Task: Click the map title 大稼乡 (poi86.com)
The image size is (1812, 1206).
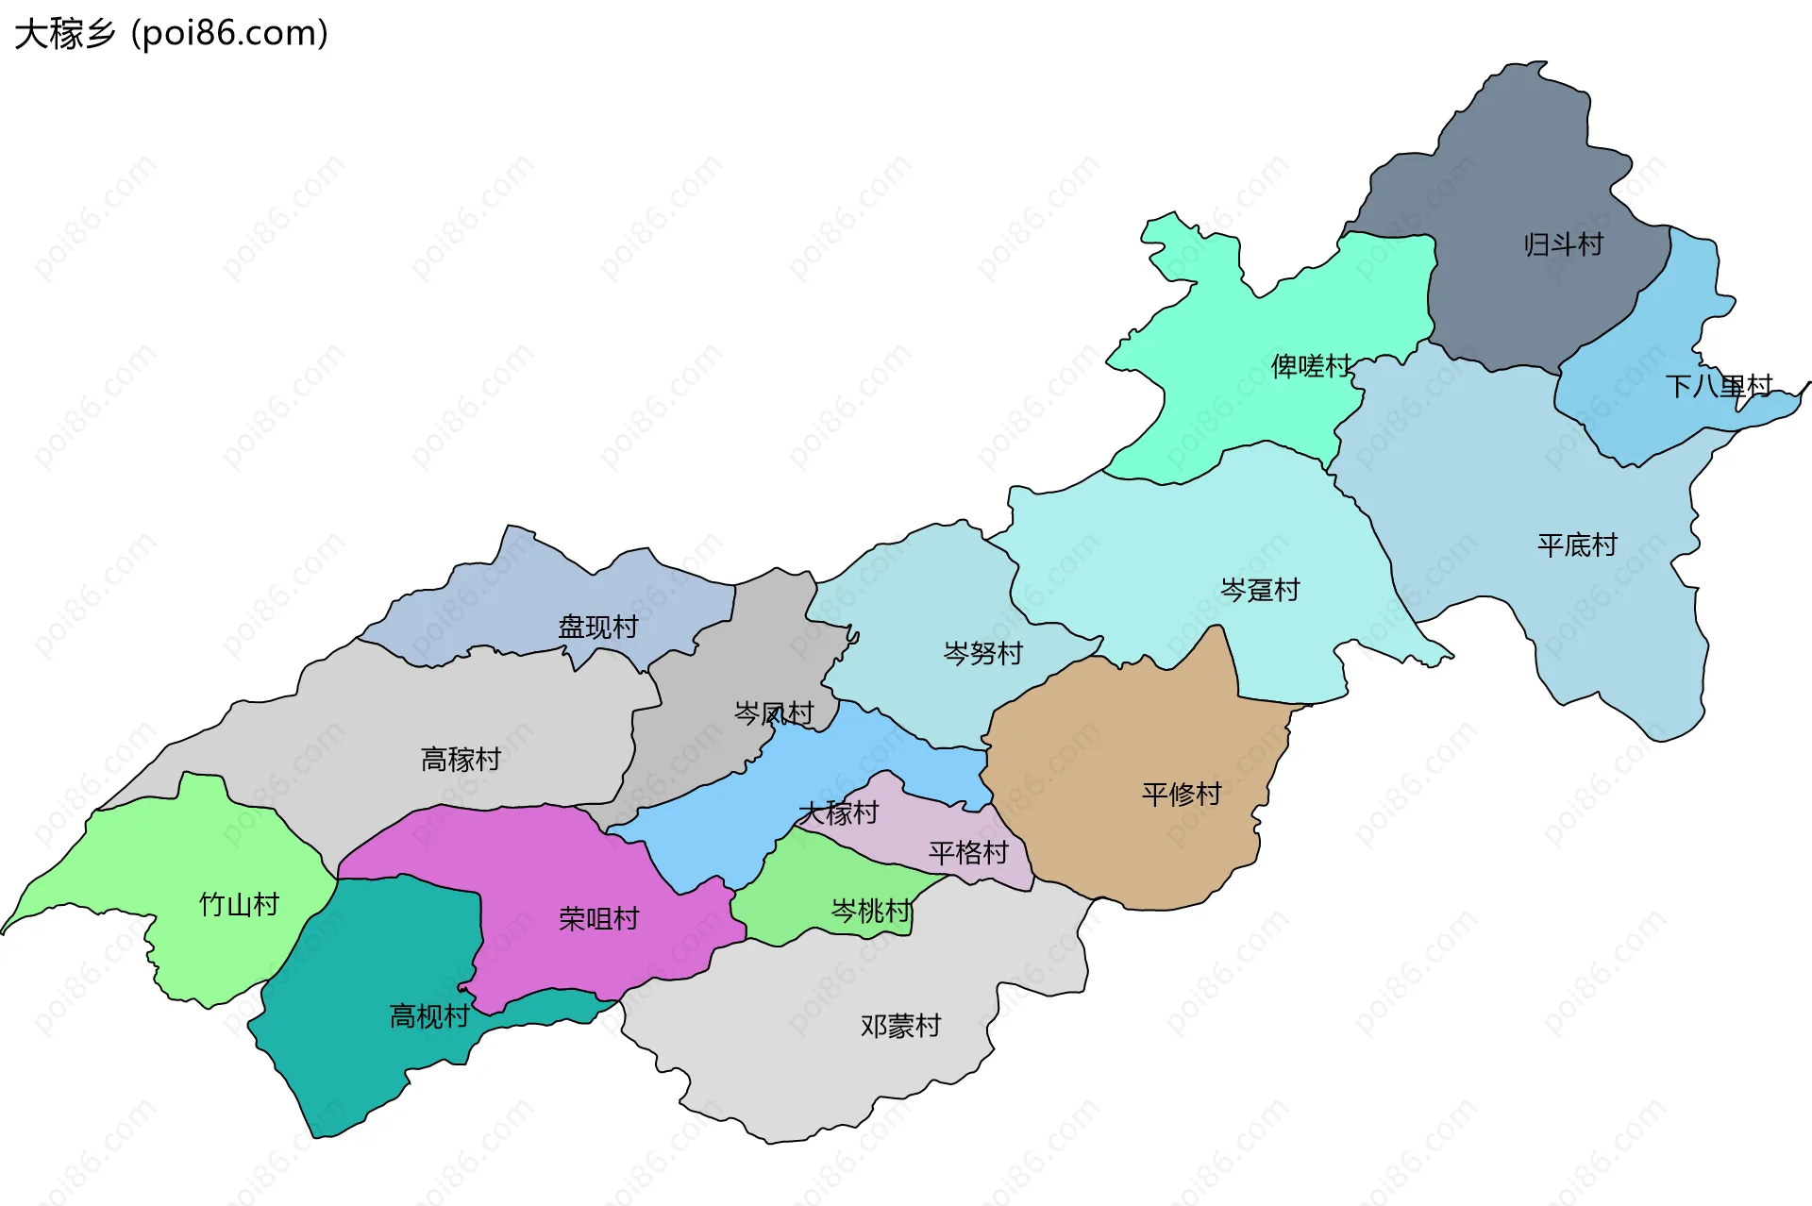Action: pyautogui.click(x=171, y=33)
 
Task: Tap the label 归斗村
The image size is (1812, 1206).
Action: pyautogui.click(x=1563, y=245)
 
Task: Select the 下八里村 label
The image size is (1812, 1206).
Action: pyautogui.click(x=1719, y=386)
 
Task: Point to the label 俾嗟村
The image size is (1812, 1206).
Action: pyautogui.click(x=1311, y=366)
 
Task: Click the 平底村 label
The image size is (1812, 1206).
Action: pyautogui.click(x=1576, y=544)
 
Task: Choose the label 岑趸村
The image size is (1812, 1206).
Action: pyautogui.click(x=1260, y=591)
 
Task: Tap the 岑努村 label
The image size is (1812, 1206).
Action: pyautogui.click(x=982, y=653)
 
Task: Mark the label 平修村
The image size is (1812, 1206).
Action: pyautogui.click(x=1181, y=795)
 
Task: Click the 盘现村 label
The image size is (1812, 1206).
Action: pyautogui.click(x=597, y=628)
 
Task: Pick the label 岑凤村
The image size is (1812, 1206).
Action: pyautogui.click(x=774, y=713)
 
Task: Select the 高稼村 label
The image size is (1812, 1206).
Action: pyautogui.click(x=461, y=759)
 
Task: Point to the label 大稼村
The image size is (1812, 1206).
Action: pyautogui.click(x=838, y=813)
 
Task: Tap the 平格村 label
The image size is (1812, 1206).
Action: pyautogui.click(x=968, y=853)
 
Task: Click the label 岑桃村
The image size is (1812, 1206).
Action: pyautogui.click(x=870, y=911)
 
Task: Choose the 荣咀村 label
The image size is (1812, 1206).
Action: pyautogui.click(x=598, y=919)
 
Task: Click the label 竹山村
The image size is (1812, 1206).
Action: pyautogui.click(x=239, y=905)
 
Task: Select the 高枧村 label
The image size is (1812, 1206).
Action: pyautogui.click(x=429, y=1016)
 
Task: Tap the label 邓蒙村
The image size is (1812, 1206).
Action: pyautogui.click(x=900, y=1026)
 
